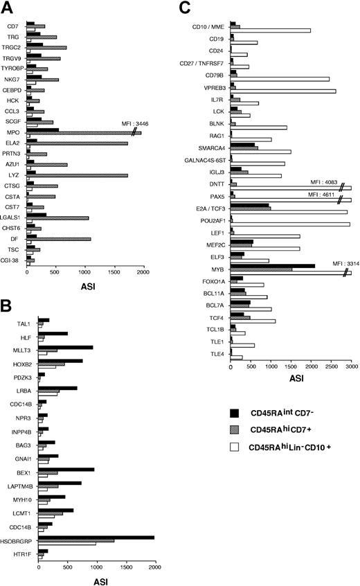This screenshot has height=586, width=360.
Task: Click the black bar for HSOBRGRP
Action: pos(96,537)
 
